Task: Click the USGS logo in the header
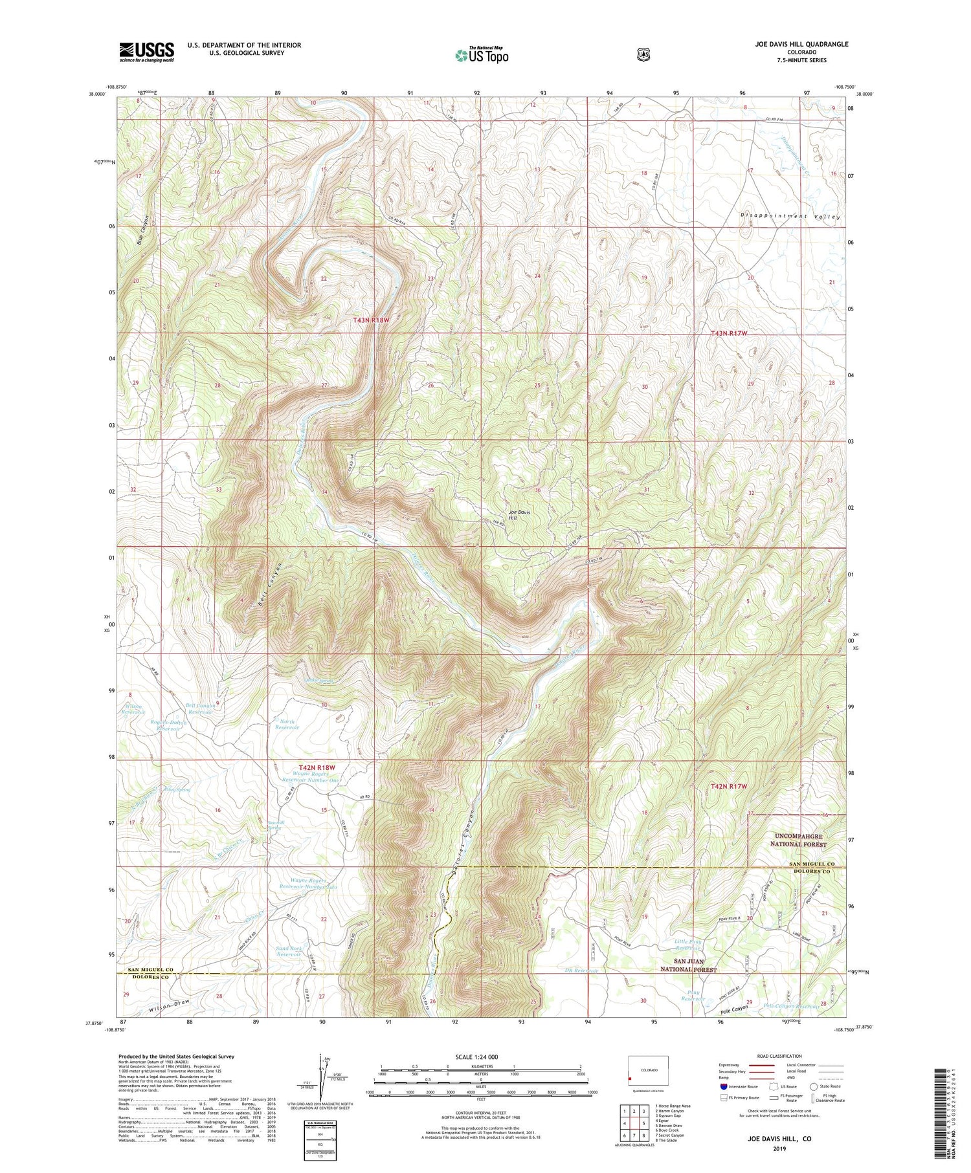tap(146, 52)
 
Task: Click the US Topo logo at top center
tap(482, 55)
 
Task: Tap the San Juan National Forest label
tap(688, 965)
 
